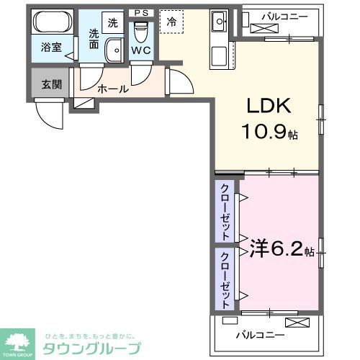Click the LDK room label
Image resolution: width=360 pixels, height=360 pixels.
coord(270,106)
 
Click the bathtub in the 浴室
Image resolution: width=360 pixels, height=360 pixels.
coord(52,22)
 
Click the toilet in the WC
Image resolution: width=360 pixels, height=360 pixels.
coord(141,32)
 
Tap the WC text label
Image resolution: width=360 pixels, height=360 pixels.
coord(141,52)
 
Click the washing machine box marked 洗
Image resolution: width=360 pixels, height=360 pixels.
coord(113,22)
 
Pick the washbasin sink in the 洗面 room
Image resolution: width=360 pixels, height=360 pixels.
coord(114,50)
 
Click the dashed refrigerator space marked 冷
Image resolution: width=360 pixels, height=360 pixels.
coord(171,22)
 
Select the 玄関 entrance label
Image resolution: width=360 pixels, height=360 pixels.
coord(51,84)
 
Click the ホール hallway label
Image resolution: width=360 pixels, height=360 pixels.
coord(113,89)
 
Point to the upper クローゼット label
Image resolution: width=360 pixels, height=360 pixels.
coord(225,213)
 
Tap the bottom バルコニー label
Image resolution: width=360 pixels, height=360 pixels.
coord(260,335)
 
